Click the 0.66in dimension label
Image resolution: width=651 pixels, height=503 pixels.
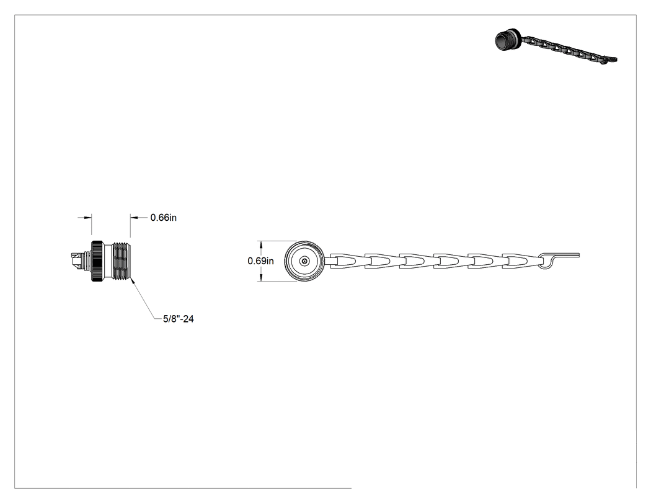pyautogui.click(x=164, y=218)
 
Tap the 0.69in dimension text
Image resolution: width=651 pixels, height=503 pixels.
pyautogui.click(x=261, y=261)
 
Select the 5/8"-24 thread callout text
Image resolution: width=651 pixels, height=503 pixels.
pyautogui.click(x=179, y=319)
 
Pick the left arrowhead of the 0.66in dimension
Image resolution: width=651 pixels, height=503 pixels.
pyautogui.click(x=88, y=217)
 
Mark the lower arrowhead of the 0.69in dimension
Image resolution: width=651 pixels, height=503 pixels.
pyautogui.click(x=261, y=278)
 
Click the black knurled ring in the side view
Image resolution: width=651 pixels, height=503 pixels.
pyautogui.click(x=98, y=261)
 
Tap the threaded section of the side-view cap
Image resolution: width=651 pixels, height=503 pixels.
pyautogui.click(x=123, y=261)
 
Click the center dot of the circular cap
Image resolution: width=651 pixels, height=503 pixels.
pyautogui.click(x=305, y=261)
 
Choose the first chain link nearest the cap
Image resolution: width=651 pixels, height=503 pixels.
pyautogui.click(x=347, y=261)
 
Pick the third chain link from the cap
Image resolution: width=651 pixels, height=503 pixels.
pyautogui.click(x=416, y=261)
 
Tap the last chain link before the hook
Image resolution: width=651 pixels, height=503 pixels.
pyautogui.click(x=520, y=261)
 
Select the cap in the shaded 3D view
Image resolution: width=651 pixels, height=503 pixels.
pyautogui.click(x=507, y=40)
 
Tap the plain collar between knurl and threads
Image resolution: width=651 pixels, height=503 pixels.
pyautogui.click(x=108, y=261)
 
